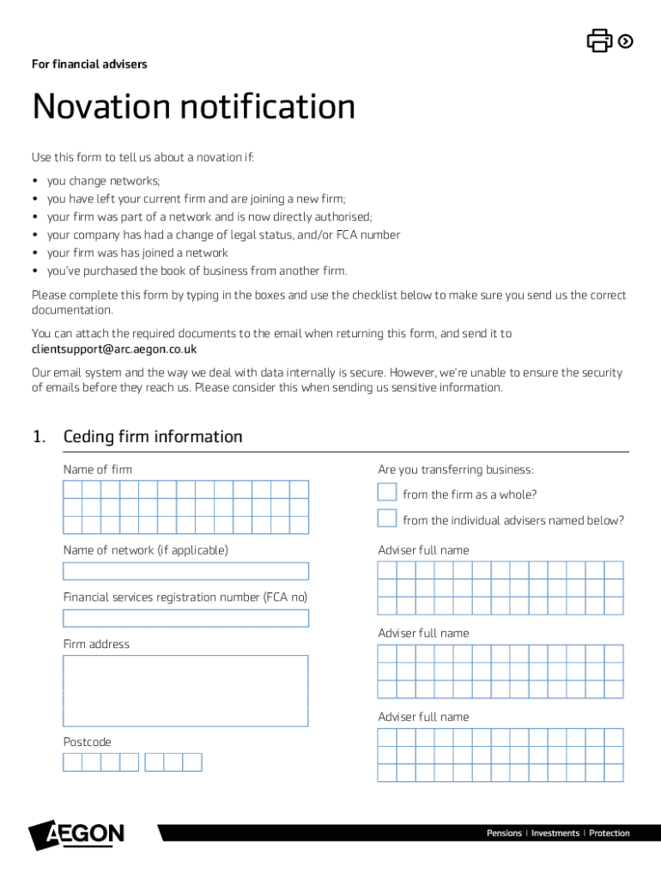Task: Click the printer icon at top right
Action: coord(598,40)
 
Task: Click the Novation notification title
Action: coord(193,107)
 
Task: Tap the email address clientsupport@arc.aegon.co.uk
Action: coord(114,349)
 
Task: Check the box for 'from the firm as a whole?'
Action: coord(387,492)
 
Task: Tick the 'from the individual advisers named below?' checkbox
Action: coord(387,518)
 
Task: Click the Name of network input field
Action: coord(185,572)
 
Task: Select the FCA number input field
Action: coord(185,618)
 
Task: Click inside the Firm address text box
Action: coord(185,690)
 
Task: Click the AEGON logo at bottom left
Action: coord(77,835)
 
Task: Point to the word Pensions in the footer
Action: coord(504,834)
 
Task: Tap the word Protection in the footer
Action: coord(609,834)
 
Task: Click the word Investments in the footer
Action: coord(555,834)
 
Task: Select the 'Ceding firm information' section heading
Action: coord(153,437)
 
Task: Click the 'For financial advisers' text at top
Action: coord(89,64)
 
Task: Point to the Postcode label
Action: coord(87,742)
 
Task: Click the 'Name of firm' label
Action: coord(97,470)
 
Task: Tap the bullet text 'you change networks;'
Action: coord(103,181)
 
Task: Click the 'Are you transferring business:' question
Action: coord(455,470)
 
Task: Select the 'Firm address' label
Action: coord(96,644)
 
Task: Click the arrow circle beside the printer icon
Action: coord(626,40)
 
